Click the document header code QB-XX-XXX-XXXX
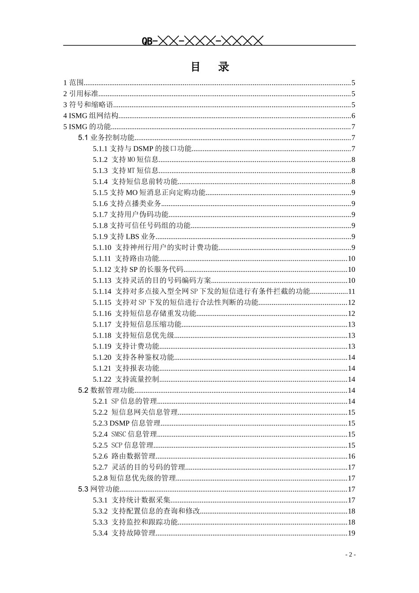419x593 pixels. [202, 41]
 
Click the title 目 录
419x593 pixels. [210, 67]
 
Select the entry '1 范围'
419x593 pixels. [74, 83]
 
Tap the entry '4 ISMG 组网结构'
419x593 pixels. [91, 116]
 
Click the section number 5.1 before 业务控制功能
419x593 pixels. [83, 138]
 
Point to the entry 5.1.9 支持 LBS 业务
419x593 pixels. [124, 236]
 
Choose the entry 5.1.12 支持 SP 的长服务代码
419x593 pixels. [138, 270]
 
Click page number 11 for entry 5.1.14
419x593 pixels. [352, 292]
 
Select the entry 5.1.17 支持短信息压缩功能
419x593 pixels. [137, 324]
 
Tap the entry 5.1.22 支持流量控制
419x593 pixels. [126, 379]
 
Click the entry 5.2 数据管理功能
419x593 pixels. [106, 390]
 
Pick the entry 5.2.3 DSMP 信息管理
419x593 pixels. [127, 423]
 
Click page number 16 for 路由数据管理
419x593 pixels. [352, 456]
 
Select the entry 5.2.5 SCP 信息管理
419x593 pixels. [123, 445]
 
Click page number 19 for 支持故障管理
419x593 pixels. [352, 533]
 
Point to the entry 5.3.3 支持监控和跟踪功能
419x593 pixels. [135, 522]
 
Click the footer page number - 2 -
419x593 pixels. [350, 555]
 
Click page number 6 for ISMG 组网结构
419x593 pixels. [353, 116]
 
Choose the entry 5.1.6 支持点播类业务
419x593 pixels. [127, 203]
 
